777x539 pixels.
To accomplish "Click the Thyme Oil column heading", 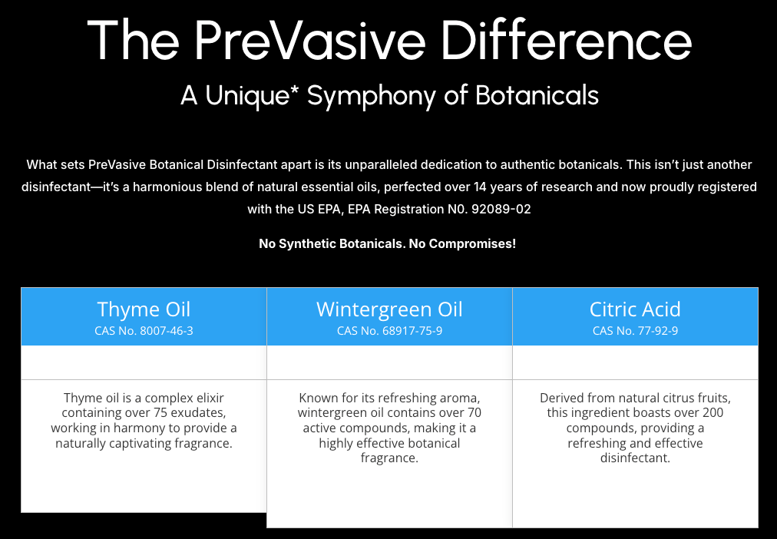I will pos(144,309).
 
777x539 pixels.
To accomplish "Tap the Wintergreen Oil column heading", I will pos(389,309).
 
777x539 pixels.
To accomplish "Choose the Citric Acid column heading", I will pos(635,309).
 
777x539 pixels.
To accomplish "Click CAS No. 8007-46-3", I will pos(144,331).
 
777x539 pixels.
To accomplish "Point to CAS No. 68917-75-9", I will pos(389,331).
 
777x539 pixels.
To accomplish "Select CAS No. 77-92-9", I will pos(635,331).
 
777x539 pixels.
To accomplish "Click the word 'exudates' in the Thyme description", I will pos(199,413).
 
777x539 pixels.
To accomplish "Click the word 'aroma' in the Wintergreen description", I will pos(460,398).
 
